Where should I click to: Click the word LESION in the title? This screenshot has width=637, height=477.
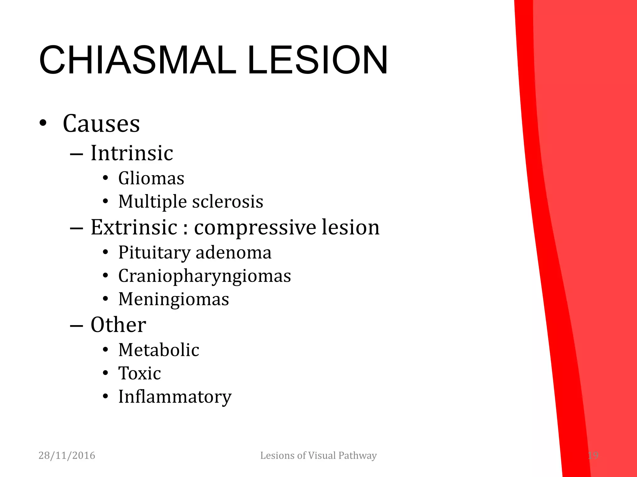(318, 60)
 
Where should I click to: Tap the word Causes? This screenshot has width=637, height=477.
(101, 124)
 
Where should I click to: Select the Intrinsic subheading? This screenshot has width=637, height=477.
(132, 153)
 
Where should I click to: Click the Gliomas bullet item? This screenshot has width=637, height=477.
(151, 178)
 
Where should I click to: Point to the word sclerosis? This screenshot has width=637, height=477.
(228, 202)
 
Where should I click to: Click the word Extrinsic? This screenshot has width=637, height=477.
(134, 227)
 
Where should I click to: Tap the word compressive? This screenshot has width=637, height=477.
(255, 228)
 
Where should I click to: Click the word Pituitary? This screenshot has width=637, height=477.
(154, 252)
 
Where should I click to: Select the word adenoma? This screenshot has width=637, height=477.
(234, 252)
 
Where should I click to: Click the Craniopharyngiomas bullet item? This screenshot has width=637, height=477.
(204, 276)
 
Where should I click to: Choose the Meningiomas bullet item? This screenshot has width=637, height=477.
(174, 299)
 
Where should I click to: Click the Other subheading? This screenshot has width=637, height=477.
(118, 325)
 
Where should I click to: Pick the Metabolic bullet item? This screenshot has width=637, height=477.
(159, 350)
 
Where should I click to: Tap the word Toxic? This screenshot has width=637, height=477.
(139, 373)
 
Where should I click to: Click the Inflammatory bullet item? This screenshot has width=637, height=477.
(175, 397)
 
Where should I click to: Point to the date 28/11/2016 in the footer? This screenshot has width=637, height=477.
(67, 456)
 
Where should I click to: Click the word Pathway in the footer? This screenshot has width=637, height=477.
(357, 456)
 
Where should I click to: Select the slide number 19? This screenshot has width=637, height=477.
(593, 456)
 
